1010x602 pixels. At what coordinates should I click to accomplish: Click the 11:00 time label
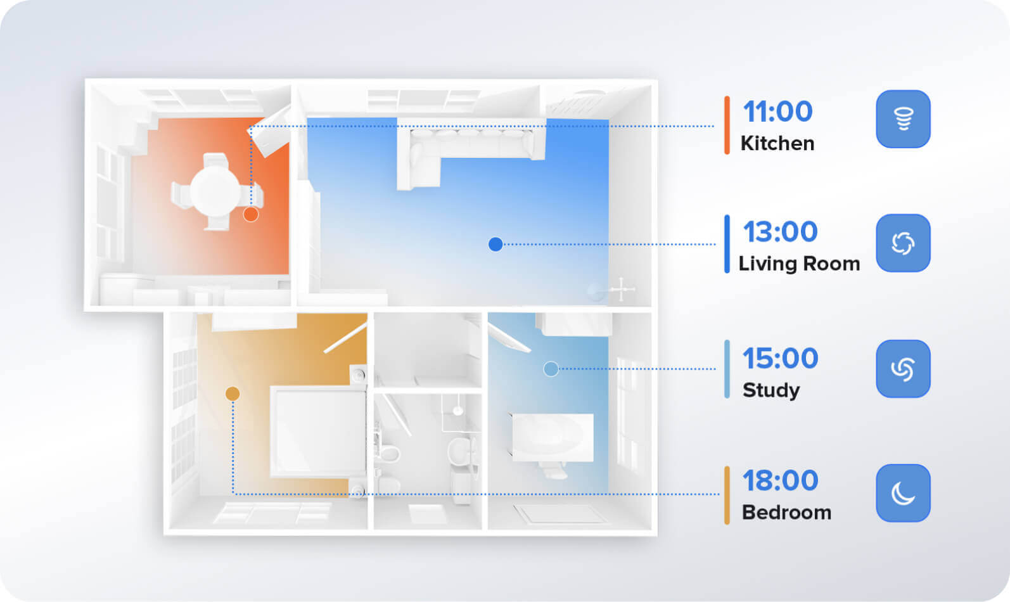coord(777,112)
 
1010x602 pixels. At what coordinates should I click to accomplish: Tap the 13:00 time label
coord(780,232)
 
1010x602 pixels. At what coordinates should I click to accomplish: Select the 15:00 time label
coord(780,358)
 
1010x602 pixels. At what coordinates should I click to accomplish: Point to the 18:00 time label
coord(780,480)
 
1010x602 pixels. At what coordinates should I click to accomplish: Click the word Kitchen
coord(777,143)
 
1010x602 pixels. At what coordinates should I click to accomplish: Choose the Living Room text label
coord(799,264)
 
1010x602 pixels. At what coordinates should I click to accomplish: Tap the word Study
coord(771,390)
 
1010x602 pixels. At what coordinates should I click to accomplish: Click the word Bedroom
coord(786,512)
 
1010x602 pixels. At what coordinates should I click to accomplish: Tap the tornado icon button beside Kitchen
coord(903,119)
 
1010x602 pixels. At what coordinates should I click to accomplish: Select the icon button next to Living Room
coord(903,243)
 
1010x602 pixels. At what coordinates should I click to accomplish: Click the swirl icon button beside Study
coord(903,369)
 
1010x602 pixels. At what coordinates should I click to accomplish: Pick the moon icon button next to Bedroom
coord(903,494)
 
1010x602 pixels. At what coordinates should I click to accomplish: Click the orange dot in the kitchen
coord(251,215)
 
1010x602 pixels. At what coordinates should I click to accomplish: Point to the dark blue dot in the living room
coord(495,245)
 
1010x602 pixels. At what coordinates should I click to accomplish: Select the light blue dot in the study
coord(551,369)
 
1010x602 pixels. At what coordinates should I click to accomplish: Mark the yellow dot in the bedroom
coord(232,394)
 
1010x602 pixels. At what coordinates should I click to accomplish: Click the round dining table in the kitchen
coord(215,191)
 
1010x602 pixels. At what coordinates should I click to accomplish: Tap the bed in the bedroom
coord(318,432)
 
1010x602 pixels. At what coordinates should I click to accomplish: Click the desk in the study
coord(553,437)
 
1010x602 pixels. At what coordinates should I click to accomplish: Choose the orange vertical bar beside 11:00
coord(727,125)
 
